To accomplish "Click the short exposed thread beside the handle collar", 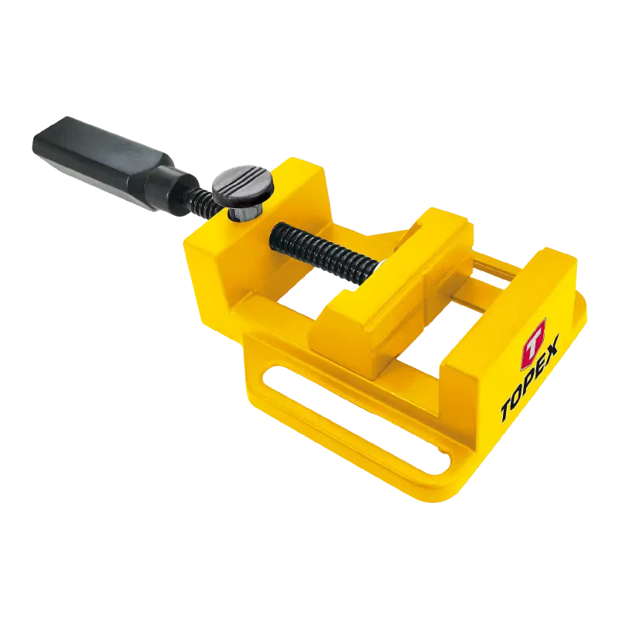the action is coord(206,199).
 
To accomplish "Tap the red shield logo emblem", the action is coord(533,344).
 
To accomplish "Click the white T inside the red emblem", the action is coord(533,344).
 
